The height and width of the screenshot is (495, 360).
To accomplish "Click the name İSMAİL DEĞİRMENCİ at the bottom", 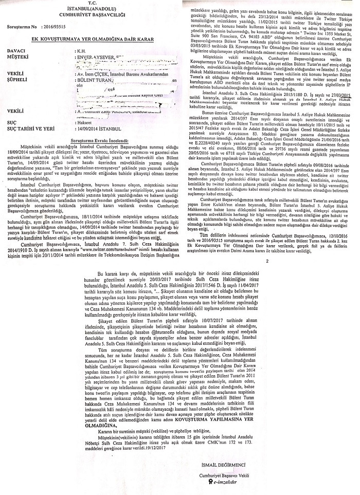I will coord(222,466).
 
